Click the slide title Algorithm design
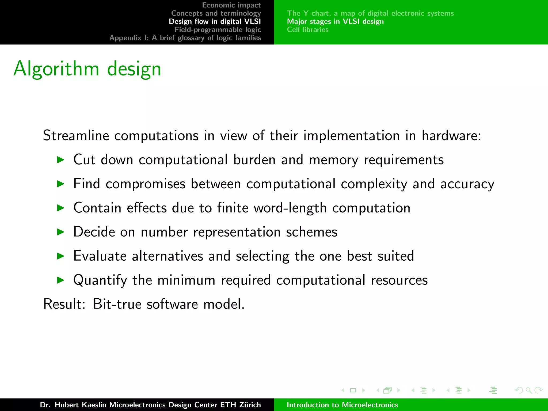coord(87,69)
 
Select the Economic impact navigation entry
coord(231,5)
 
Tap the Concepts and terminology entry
coord(216,13)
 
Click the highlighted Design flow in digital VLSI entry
coord(215,21)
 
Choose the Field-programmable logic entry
coord(218,29)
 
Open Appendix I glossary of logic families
coord(185,38)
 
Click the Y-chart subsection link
coord(370,13)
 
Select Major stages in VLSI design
coord(335,21)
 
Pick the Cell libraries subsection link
coord(307,29)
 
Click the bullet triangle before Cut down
coord(61,160)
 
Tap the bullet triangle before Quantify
coord(61,280)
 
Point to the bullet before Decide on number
coord(61,232)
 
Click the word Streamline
coord(76,135)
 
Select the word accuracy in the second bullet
coord(467,184)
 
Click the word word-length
coord(290,208)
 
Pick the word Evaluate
coord(100,256)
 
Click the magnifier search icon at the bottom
coord(528,390)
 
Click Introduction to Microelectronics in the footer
coord(342,405)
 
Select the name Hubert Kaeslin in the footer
coord(80,405)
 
